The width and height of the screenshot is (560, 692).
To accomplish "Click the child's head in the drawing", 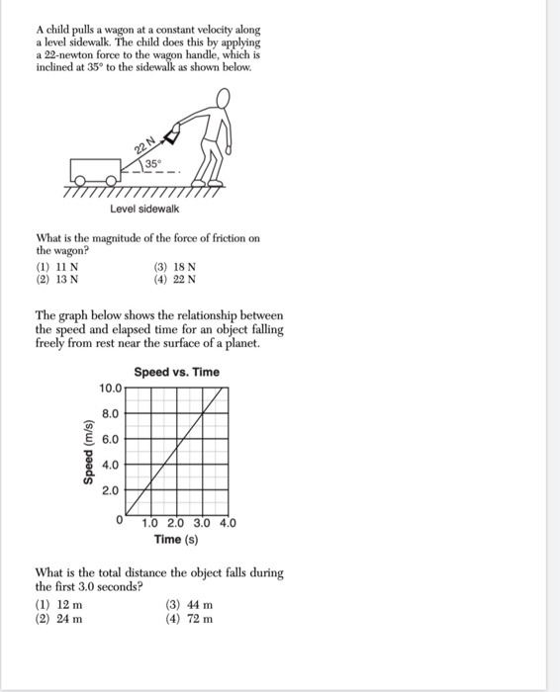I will click(x=226, y=98).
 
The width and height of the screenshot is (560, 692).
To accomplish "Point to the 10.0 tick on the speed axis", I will click(x=109, y=389).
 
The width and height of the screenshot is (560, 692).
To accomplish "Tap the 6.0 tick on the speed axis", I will click(x=111, y=439).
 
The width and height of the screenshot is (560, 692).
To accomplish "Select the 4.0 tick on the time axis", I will click(x=227, y=524).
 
